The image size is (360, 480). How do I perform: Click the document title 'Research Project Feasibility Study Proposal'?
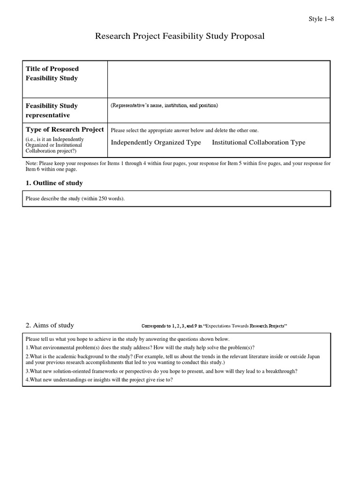click(x=180, y=36)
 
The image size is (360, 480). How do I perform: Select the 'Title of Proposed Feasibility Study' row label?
click(x=52, y=74)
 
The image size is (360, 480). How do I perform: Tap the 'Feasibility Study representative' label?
click(x=52, y=111)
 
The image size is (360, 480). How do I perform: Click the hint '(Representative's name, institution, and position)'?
click(x=164, y=106)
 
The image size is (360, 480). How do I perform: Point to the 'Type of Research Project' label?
click(x=65, y=129)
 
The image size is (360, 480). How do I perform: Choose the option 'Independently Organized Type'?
click(x=156, y=142)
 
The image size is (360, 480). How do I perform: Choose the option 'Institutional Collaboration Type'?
click(x=258, y=142)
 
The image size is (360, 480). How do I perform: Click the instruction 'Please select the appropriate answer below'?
click(x=184, y=130)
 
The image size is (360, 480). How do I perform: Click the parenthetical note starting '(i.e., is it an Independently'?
click(x=55, y=145)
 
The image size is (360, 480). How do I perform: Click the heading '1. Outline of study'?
click(x=54, y=183)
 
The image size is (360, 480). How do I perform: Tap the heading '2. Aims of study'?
click(x=50, y=325)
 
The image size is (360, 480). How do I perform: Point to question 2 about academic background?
click(x=172, y=360)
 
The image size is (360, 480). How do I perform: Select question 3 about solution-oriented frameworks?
click(x=161, y=371)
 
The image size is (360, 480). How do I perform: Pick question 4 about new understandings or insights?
click(x=99, y=380)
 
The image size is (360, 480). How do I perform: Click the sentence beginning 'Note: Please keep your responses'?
click(x=177, y=166)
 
